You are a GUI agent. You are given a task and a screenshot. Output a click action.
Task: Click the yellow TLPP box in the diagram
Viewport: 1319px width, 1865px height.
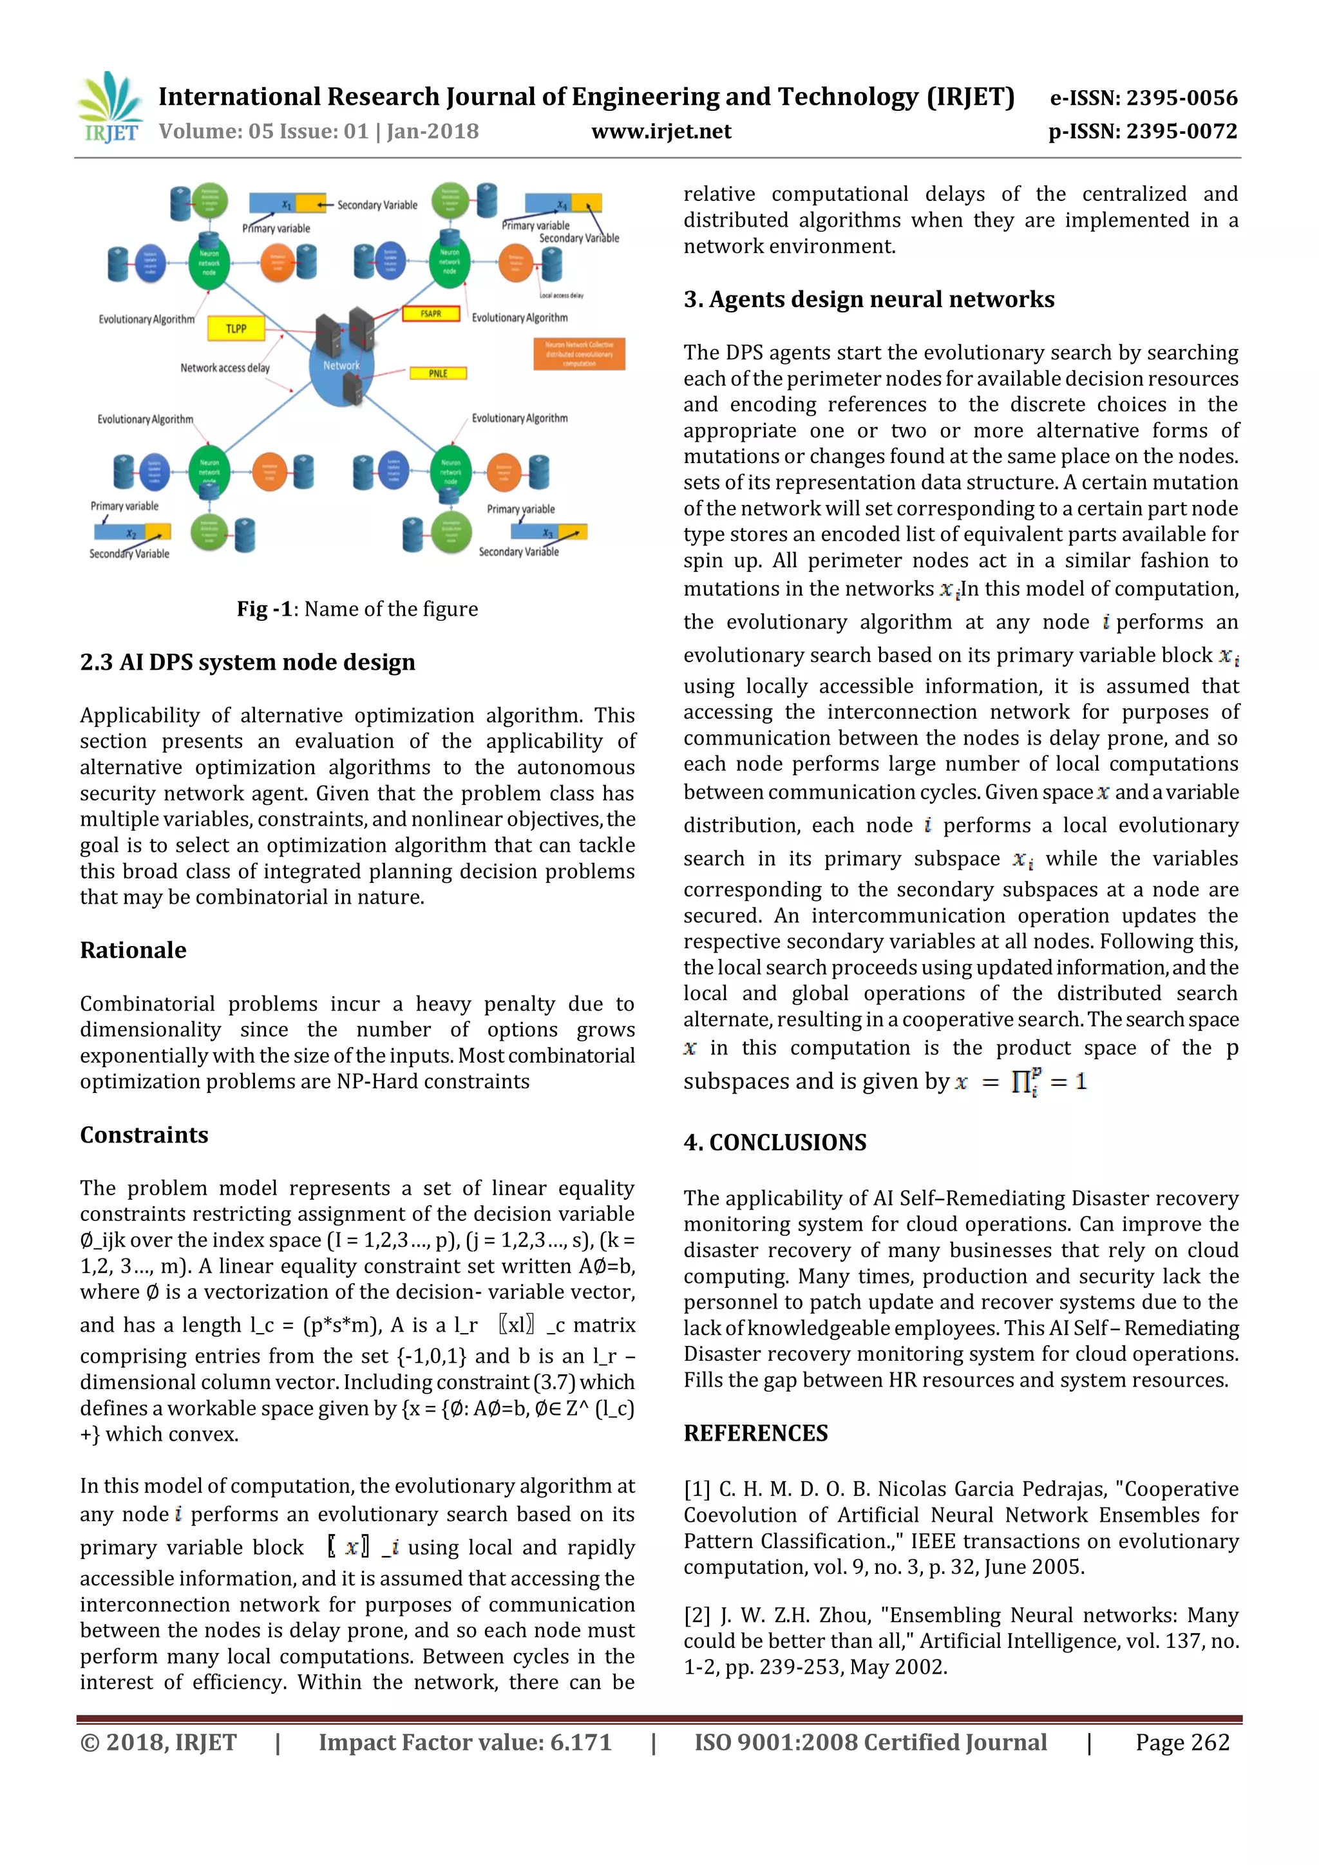(236, 328)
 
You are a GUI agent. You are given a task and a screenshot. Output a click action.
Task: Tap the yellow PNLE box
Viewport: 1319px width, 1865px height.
(438, 373)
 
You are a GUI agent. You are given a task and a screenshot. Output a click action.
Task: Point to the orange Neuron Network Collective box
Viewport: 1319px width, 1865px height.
(579, 354)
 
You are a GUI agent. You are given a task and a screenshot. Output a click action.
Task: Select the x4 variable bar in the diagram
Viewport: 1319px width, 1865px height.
(563, 203)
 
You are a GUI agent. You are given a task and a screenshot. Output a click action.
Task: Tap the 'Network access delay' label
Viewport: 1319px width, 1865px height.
(225, 368)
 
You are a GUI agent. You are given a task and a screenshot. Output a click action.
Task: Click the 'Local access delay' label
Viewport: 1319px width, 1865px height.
(561, 296)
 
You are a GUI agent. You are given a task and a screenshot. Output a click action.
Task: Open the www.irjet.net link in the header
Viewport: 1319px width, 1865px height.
(661, 131)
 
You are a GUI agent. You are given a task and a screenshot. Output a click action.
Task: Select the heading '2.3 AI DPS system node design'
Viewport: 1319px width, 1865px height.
(248, 662)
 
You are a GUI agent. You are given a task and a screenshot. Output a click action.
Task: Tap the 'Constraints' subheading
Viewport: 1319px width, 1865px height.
(144, 1134)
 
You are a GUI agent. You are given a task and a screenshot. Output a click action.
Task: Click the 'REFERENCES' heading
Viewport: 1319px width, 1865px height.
(755, 1433)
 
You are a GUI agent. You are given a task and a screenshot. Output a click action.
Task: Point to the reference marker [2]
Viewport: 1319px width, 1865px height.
(697, 1615)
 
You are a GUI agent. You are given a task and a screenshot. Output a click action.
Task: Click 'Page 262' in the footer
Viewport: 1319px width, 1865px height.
(1182, 1743)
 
